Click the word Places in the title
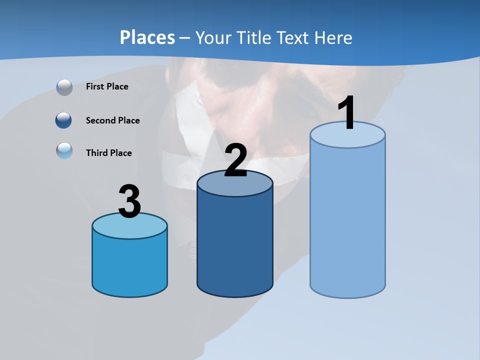[x=147, y=37]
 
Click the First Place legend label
[x=107, y=86]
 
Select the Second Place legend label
[x=112, y=120]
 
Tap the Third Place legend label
[x=108, y=153]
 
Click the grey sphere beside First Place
[x=64, y=87]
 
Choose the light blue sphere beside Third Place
[x=64, y=151]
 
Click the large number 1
[x=346, y=114]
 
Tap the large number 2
[x=235, y=160]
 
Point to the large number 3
[x=129, y=202]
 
